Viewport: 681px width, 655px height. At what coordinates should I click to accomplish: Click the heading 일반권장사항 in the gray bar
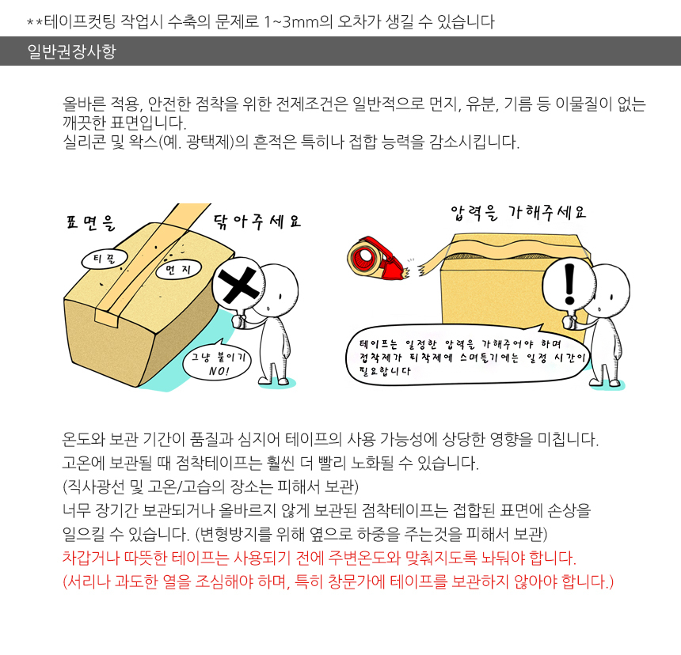click(x=71, y=51)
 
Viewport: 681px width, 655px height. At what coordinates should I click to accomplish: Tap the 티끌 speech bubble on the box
click(x=105, y=259)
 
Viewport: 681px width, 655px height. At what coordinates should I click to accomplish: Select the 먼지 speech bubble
click(x=178, y=270)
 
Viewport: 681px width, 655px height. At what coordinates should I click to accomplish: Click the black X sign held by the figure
click(x=238, y=286)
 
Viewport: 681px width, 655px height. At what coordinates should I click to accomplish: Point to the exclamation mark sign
click(x=569, y=284)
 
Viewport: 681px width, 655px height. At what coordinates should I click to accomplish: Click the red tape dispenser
click(x=376, y=258)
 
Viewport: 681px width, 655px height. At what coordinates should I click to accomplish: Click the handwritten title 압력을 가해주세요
click(x=518, y=213)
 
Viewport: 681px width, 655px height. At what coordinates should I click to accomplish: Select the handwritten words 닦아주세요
click(x=257, y=221)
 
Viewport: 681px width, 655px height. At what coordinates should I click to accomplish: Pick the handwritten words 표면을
click(x=91, y=222)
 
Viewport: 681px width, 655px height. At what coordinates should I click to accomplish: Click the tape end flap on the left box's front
click(x=107, y=318)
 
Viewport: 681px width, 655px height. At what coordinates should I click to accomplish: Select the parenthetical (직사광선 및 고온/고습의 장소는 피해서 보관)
click(x=210, y=487)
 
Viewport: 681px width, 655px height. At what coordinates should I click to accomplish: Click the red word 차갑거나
click(x=91, y=558)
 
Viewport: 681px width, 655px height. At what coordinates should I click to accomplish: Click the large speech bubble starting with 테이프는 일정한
click(x=468, y=355)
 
